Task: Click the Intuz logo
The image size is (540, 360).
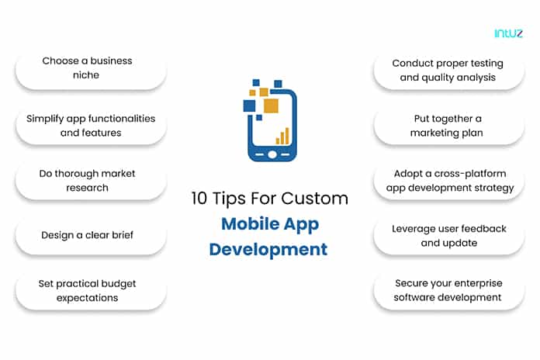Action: tap(508, 33)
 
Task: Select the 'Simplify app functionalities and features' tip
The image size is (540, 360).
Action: tap(91, 126)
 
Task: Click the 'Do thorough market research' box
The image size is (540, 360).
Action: tap(91, 181)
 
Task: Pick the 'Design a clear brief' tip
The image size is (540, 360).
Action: tap(91, 236)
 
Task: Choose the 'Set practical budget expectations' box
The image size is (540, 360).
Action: tap(91, 291)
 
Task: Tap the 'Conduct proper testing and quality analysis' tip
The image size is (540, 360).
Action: tap(448, 71)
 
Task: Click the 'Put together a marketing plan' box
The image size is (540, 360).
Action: tap(448, 126)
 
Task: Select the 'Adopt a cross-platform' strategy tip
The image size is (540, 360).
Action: tap(448, 181)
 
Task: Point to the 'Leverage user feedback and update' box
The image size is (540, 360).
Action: tap(448, 236)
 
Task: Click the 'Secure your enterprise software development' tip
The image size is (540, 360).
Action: tap(448, 291)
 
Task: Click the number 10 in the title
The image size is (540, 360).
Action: tap(199, 199)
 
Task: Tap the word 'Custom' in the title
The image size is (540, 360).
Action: tap(315, 199)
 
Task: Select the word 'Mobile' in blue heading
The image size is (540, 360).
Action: tap(250, 224)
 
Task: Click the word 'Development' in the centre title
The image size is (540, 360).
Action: tap(268, 249)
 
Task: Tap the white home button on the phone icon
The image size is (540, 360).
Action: tap(272, 154)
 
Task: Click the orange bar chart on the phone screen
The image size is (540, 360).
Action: tap(282, 136)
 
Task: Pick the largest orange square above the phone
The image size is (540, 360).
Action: tap(271, 106)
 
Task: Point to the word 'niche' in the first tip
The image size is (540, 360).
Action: tap(86, 74)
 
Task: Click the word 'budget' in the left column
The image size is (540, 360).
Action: tap(117, 284)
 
